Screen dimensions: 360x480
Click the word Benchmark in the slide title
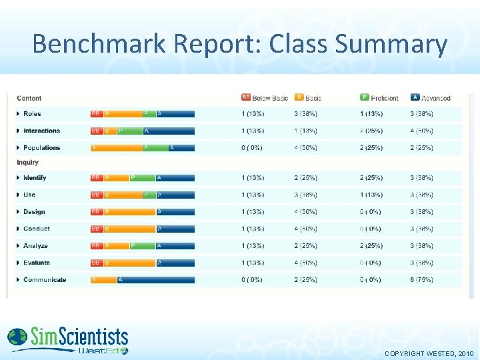(x=99, y=44)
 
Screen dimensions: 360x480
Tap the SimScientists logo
(x=67, y=340)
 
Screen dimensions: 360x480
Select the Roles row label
(x=32, y=114)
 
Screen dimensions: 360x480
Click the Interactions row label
(x=41, y=131)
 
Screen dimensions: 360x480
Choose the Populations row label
(x=41, y=148)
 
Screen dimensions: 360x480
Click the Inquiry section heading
(x=28, y=162)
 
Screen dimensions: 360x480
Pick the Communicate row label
(x=45, y=280)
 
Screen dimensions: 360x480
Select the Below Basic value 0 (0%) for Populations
(x=253, y=148)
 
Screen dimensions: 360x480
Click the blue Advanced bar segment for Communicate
(x=156, y=280)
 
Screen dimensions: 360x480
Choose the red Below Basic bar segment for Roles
(x=97, y=114)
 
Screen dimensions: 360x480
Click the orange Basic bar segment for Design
(x=129, y=212)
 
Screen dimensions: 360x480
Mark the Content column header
(x=29, y=98)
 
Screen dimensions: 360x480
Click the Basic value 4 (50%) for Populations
(x=305, y=148)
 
